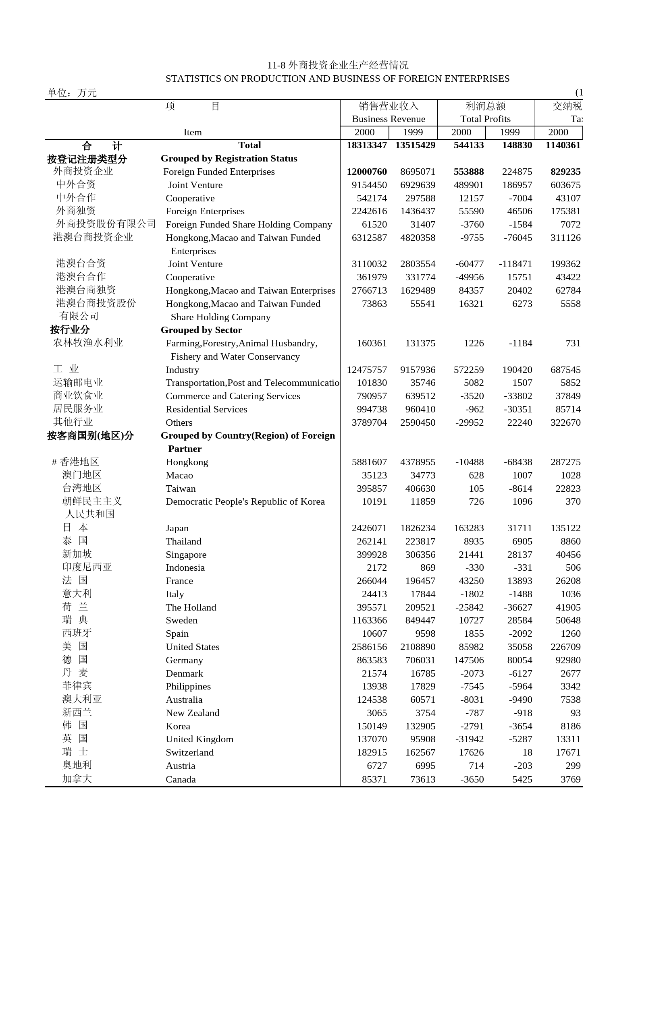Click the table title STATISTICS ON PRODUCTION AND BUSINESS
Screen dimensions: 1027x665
[337, 79]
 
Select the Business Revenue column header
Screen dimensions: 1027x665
[388, 119]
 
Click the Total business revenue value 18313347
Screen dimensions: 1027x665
[367, 145]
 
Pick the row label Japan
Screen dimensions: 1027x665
[177, 528]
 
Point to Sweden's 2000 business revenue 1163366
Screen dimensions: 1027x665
[369, 621]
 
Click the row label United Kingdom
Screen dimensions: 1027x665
[199, 739]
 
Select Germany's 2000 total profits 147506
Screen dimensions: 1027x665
[468, 660]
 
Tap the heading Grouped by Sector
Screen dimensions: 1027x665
[201, 330]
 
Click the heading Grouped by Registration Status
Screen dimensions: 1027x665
[229, 158]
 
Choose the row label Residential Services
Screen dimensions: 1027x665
[206, 410]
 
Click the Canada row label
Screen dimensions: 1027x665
[181, 779]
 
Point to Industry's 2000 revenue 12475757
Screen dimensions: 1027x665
[367, 370]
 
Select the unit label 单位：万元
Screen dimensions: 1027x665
[72, 93]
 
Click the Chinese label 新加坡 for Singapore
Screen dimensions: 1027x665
[77, 554]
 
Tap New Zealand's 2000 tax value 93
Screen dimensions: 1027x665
[575, 713]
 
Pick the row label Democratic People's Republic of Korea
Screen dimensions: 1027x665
[245, 501]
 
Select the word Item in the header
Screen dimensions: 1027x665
[192, 133]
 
